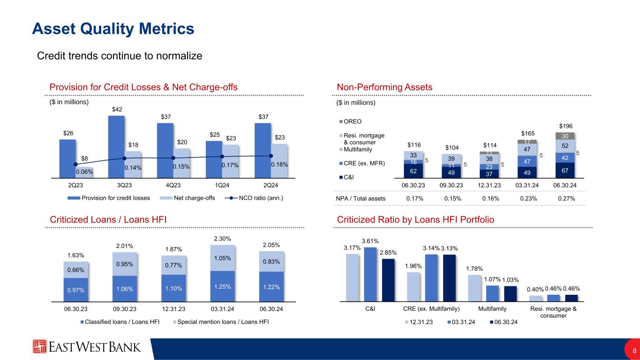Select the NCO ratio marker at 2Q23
[75, 164]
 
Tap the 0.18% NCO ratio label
[280, 165]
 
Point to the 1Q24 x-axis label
[222, 185]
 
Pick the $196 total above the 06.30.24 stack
[566, 126]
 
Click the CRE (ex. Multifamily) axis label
[431, 309]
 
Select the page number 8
[634, 351]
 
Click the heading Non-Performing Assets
[384, 87]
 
